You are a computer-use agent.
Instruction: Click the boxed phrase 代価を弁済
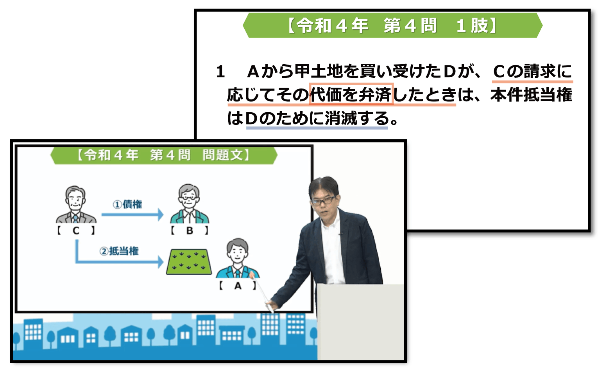tap(351, 94)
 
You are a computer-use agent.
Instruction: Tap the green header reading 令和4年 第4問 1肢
tap(392, 25)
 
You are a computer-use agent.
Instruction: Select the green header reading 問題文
tap(164, 155)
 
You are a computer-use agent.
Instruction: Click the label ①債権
tap(127, 204)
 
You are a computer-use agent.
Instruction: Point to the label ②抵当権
tap(119, 251)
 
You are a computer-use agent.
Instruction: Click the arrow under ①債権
tap(132, 214)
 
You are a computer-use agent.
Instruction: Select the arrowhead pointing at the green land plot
tap(161, 262)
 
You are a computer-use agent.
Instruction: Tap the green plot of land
tap(189, 262)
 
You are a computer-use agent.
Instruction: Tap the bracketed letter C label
tap(76, 231)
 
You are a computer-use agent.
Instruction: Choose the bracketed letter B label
tap(190, 231)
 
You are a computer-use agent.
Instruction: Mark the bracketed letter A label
tap(238, 286)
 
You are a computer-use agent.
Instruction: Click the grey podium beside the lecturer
tap(360, 322)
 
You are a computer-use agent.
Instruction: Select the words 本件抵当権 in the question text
tap(531, 95)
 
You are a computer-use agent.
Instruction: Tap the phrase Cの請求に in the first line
tap(532, 71)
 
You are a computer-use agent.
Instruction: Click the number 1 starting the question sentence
tap(220, 72)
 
